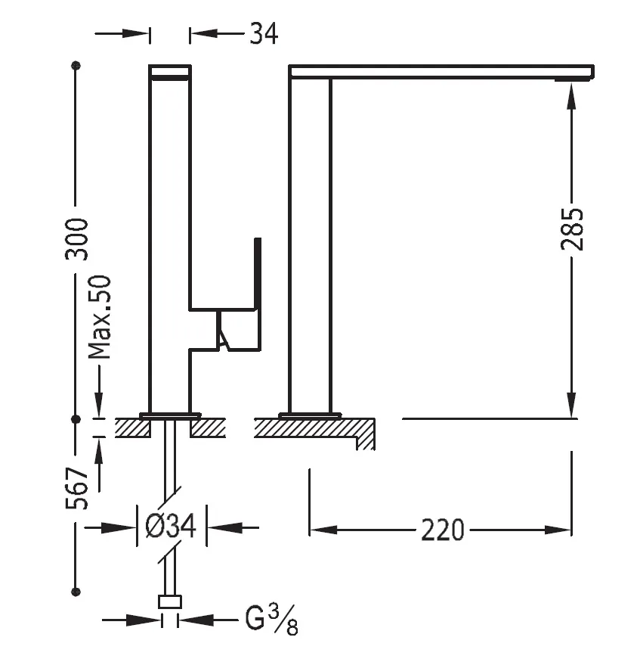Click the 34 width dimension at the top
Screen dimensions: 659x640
click(263, 33)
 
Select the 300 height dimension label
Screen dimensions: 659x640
click(76, 238)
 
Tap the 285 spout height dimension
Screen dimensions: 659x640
click(572, 228)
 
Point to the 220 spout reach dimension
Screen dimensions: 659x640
click(442, 530)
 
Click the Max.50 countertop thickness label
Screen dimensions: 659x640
click(100, 317)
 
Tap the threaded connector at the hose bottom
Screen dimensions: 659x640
click(170, 602)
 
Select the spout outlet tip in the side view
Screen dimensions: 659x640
click(574, 79)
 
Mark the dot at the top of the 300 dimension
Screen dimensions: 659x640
click(76, 66)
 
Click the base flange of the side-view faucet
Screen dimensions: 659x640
click(310, 415)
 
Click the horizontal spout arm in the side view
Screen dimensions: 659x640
click(441, 71)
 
